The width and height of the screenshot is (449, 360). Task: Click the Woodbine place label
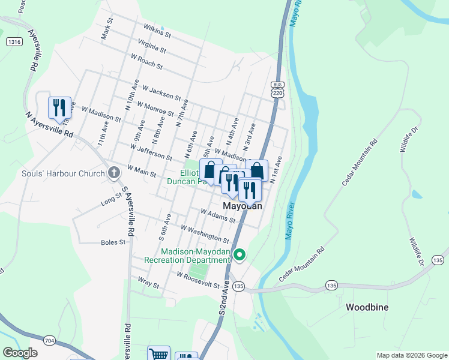coord(367,307)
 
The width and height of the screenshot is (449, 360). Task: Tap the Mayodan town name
coord(243,206)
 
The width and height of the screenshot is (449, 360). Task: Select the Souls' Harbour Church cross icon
coord(113,174)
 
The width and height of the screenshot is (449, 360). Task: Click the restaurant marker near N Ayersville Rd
coord(59,108)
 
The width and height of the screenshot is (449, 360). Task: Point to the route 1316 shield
coord(14,41)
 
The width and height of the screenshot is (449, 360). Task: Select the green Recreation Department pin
coord(240,255)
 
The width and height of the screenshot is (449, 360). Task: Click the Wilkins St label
coord(157,31)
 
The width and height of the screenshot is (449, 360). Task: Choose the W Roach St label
coord(146,61)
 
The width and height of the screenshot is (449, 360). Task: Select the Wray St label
coord(148,282)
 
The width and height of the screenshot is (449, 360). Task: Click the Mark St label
coord(107,28)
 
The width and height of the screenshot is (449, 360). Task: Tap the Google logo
coord(20,353)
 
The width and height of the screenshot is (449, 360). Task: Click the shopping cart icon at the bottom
coord(158,355)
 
